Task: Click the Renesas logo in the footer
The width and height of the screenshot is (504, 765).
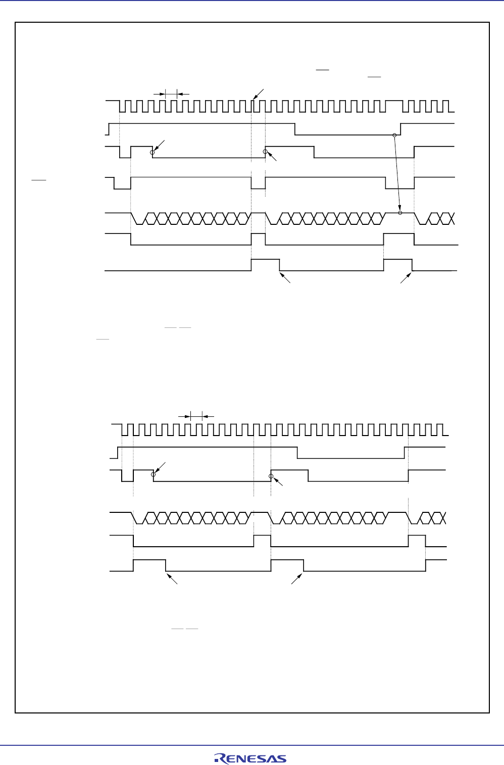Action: [x=250, y=758]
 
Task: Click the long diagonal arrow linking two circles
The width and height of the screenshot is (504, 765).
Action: [x=397, y=174]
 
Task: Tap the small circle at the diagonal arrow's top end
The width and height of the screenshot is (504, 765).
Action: [x=394, y=135]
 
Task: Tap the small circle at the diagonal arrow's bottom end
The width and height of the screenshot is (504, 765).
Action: [x=400, y=213]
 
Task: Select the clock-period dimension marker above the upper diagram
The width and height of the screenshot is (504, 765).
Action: [x=171, y=93]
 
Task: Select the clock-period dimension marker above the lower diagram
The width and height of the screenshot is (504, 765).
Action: [x=196, y=416]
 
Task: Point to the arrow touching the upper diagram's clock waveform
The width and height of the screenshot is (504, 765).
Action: [x=258, y=94]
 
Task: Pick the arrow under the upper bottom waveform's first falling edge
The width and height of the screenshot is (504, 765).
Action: [x=285, y=277]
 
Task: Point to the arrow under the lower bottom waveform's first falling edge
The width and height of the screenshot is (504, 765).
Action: [x=172, y=579]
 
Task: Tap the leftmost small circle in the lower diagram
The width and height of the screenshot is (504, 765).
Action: [x=154, y=474]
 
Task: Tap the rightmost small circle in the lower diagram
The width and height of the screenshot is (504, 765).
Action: [x=271, y=476]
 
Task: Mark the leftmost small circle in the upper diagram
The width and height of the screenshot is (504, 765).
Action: [x=152, y=152]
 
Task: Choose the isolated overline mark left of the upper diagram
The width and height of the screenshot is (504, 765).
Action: [x=39, y=179]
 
